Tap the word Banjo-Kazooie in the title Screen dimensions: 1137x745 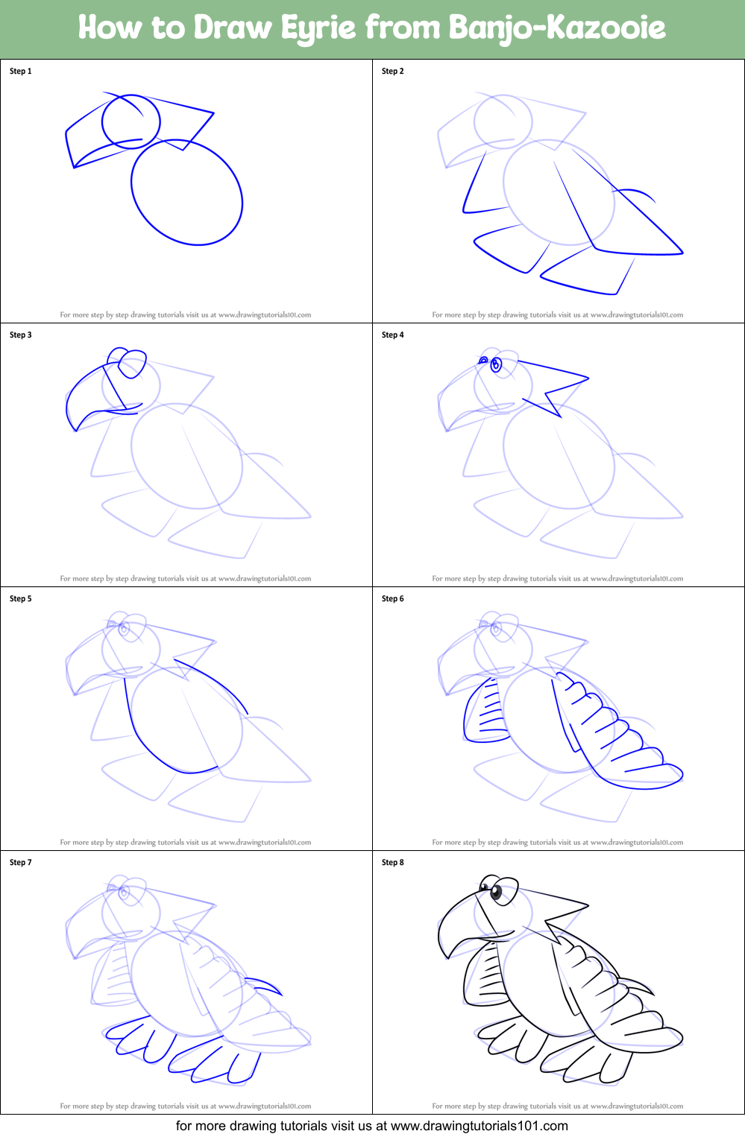[x=557, y=28]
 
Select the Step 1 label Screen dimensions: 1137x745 [x=21, y=72]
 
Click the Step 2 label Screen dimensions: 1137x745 [x=393, y=72]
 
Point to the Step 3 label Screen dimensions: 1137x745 [x=21, y=335]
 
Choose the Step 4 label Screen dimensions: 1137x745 [x=393, y=335]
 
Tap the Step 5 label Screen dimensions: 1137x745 [x=21, y=599]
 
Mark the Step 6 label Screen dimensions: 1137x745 [x=393, y=599]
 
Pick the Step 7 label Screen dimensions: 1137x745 [x=21, y=863]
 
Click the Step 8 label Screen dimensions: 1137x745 [x=393, y=863]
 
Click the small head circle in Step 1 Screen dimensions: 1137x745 [x=131, y=121]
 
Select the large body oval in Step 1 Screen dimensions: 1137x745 [x=186, y=192]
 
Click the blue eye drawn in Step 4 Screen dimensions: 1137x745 [x=496, y=364]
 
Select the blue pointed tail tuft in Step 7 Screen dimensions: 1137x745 [x=268, y=986]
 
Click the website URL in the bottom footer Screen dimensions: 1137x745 [x=479, y=1126]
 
